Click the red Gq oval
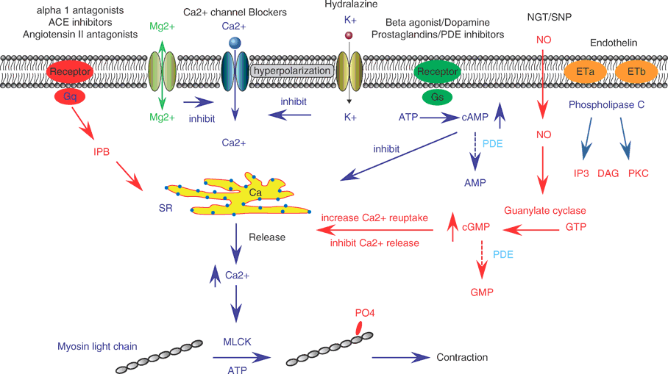tap(69, 96)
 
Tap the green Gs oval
tap(437, 96)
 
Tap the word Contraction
tap(462, 358)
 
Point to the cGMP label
tap(475, 229)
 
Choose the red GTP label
tap(577, 229)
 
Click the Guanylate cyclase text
tap(544, 211)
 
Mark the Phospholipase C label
tap(606, 105)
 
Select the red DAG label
tap(608, 172)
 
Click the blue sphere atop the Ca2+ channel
tap(235, 43)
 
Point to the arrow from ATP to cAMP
tap(440, 116)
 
